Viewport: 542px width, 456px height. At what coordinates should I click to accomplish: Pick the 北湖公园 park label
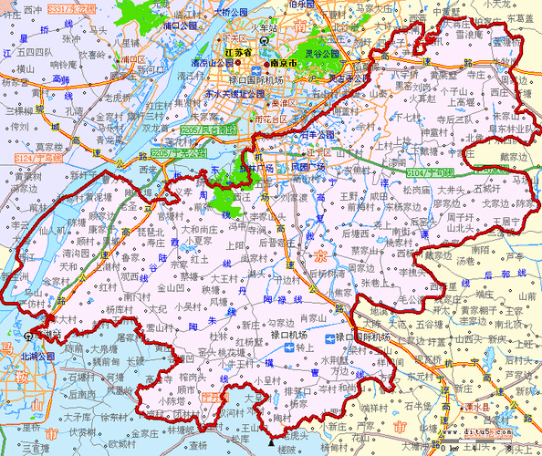point(38,356)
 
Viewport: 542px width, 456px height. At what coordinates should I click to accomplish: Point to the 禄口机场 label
point(294,337)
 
